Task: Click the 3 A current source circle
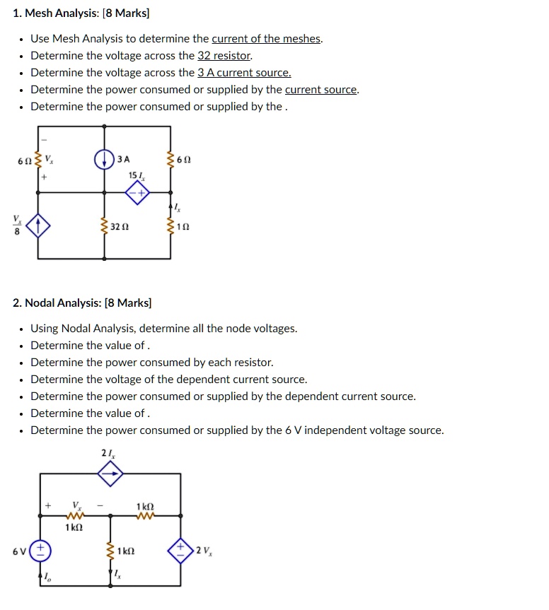[105, 158]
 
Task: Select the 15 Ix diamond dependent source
[137, 192]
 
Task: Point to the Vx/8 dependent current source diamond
[40, 227]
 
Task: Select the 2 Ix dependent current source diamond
[110, 474]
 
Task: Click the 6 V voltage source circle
[40, 551]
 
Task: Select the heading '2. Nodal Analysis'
[82, 303]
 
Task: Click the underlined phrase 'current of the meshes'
[267, 39]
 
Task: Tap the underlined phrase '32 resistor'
[224, 56]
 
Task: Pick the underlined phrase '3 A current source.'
[244, 73]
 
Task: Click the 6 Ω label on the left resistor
[24, 161]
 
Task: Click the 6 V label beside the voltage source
[21, 551]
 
